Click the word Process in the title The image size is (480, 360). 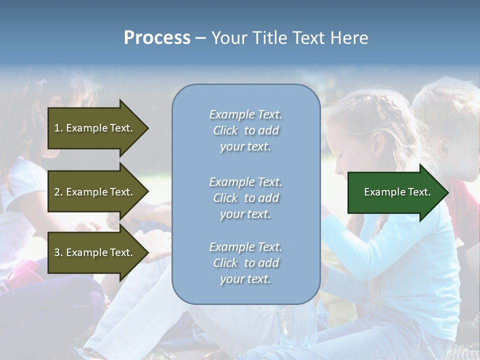pos(157,38)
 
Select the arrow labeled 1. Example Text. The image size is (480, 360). pos(95,128)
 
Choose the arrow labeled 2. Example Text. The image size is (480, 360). pos(95,192)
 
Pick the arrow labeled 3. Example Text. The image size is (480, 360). pos(95,252)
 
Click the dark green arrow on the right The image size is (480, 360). pos(395,192)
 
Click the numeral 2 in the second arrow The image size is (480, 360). pos(57,192)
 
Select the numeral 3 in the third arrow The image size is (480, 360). pos(57,252)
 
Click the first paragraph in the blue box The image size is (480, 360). pos(245,130)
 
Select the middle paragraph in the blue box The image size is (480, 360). pos(245,198)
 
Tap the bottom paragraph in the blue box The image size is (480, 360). pos(245,263)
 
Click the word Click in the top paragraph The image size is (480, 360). pos(225,130)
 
